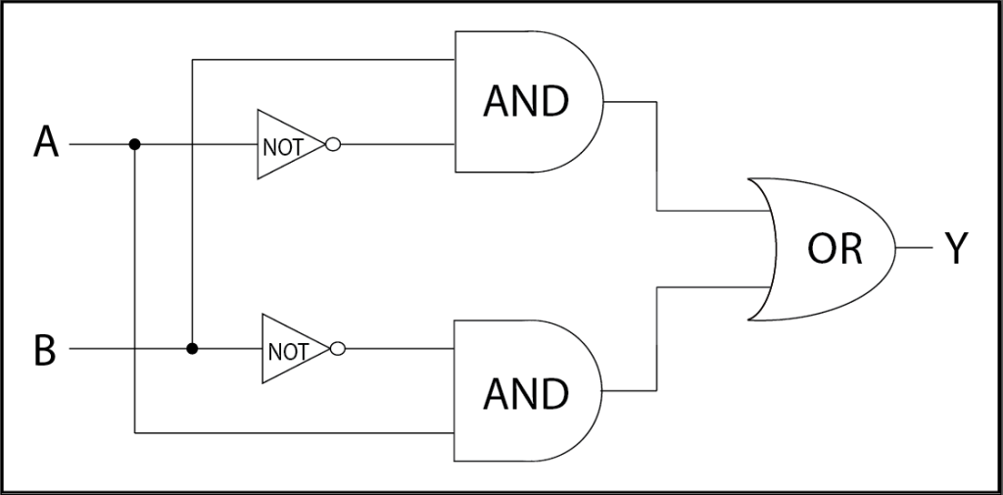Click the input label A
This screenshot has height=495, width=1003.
pyautogui.click(x=46, y=144)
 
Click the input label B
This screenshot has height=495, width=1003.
pyautogui.click(x=45, y=349)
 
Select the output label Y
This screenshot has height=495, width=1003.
pyautogui.click(x=956, y=249)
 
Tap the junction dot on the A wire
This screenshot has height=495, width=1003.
pyautogui.click(x=135, y=144)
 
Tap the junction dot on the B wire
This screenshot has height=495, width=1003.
pyautogui.click(x=192, y=348)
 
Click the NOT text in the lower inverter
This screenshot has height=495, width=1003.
pyautogui.click(x=287, y=351)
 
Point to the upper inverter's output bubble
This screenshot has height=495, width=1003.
pyautogui.click(x=332, y=144)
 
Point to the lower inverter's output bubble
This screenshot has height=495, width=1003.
pyautogui.click(x=337, y=348)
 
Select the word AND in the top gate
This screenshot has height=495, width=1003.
pyautogui.click(x=525, y=101)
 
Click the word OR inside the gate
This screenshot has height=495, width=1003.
pyautogui.click(x=835, y=249)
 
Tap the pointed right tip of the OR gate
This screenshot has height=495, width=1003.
pyautogui.click(x=895, y=249)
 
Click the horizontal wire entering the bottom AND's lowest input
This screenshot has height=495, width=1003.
pyautogui.click(x=294, y=431)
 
